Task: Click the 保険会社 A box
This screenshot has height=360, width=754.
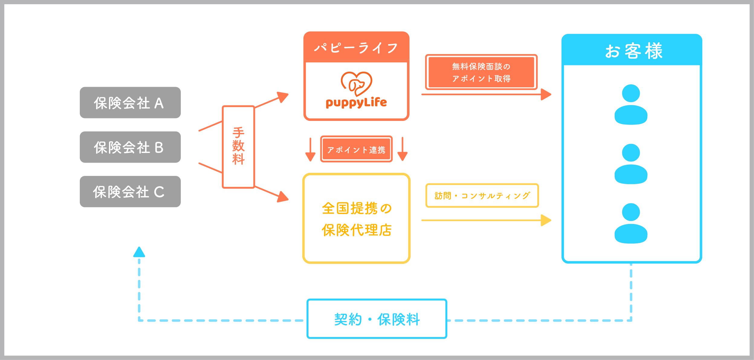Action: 130,102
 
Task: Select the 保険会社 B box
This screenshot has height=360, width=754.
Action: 130,147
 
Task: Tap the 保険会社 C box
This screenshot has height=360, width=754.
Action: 130,191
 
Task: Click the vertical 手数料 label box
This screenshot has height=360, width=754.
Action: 238,147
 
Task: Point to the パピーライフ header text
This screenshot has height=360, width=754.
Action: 356,48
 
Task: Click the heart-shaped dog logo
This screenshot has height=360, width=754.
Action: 356,83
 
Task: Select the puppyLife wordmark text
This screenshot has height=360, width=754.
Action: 356,103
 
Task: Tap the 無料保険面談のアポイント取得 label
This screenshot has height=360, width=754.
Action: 481,72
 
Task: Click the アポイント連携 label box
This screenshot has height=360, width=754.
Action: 356,149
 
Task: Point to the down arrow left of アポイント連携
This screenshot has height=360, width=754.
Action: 310,149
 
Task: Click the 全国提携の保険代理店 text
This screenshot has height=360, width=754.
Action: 356,219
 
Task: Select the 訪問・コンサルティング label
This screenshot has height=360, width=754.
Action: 482,196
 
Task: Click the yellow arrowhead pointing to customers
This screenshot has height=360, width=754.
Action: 546,220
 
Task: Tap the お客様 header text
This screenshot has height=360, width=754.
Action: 633,51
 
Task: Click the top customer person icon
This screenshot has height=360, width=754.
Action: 631,104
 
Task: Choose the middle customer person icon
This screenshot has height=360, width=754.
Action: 631,164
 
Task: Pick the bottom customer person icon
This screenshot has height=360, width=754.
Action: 631,223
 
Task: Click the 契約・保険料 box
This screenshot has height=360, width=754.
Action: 377,319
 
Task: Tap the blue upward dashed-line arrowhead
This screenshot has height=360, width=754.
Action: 139,252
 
